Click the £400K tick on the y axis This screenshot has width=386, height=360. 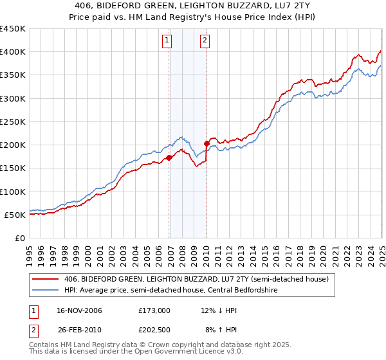pos(13,52)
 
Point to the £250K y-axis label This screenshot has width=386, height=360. pos(13,122)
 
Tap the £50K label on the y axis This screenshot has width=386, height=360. pos(15,215)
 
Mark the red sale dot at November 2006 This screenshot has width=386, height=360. pos(169,157)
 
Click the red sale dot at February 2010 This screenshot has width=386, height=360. pos(207,143)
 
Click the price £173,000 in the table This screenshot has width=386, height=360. pos(154,310)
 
